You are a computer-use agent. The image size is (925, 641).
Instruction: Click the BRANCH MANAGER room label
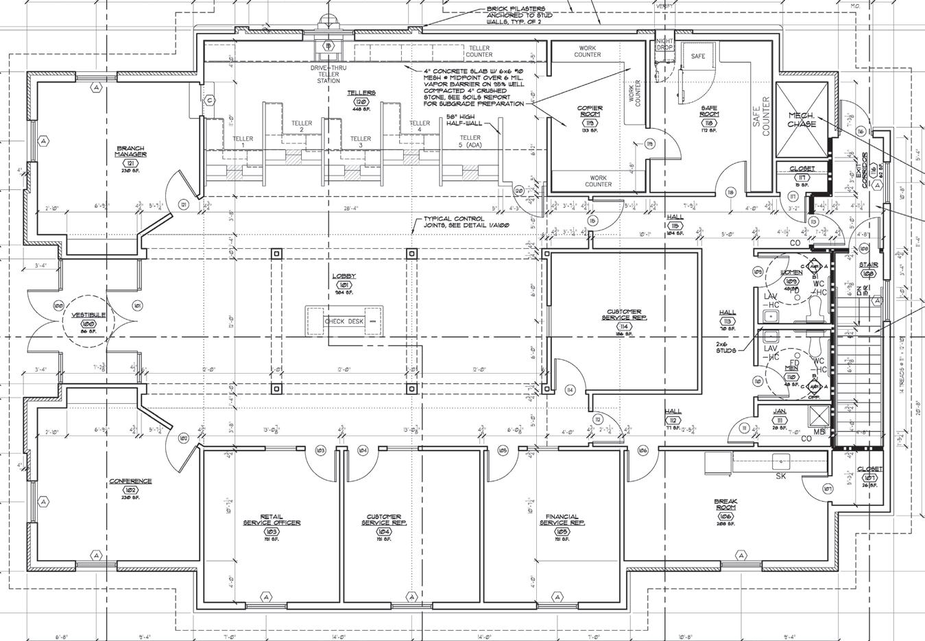(x=130, y=152)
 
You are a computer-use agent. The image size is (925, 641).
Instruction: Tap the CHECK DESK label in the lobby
(x=344, y=321)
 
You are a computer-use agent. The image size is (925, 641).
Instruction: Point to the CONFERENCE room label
(x=130, y=481)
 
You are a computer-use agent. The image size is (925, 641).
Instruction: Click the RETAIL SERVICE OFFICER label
(x=272, y=520)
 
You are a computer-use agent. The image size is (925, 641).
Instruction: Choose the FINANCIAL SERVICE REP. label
(x=562, y=520)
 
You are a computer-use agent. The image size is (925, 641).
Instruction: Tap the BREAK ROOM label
(x=726, y=505)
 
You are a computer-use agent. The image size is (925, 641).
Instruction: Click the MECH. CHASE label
(x=802, y=120)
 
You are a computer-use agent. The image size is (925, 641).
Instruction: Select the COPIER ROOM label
(x=590, y=112)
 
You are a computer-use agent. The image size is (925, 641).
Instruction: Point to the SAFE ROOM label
(x=709, y=112)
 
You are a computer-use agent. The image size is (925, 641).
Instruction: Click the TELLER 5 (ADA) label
(x=470, y=141)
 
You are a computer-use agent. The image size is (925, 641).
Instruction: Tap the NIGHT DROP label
(x=665, y=45)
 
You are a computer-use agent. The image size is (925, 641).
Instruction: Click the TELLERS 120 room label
(x=361, y=93)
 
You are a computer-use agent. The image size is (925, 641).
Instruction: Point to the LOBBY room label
(x=344, y=276)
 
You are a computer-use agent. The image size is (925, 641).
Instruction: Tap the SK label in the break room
(x=780, y=476)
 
